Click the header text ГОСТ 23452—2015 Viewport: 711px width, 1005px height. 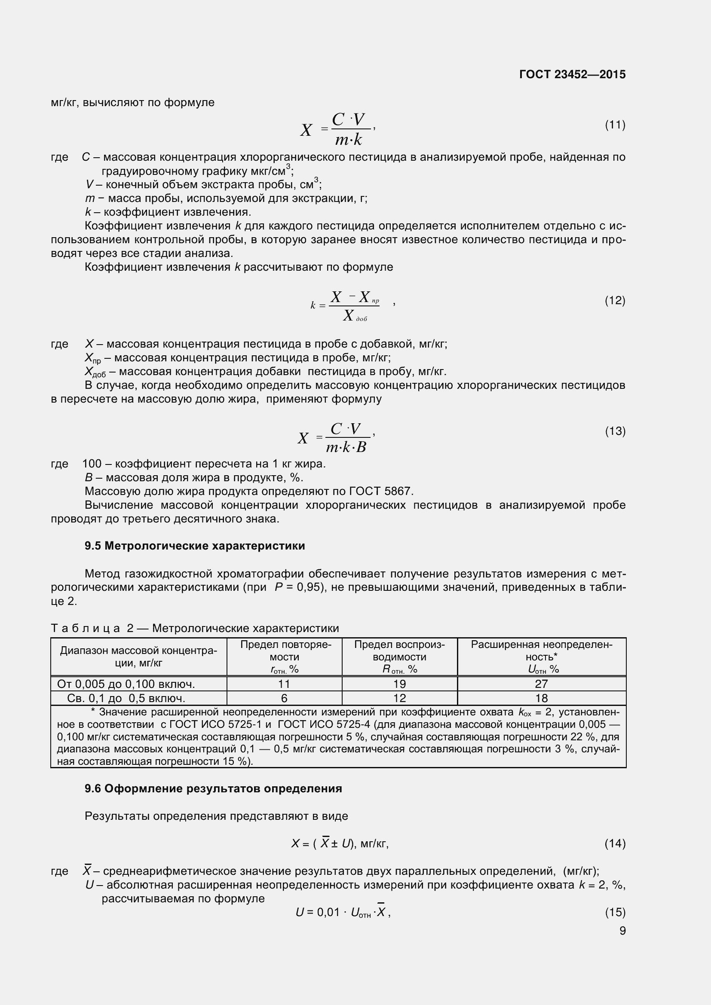pyautogui.click(x=572, y=74)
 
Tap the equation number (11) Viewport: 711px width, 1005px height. pyautogui.click(x=615, y=125)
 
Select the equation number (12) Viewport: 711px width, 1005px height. pyautogui.click(x=615, y=300)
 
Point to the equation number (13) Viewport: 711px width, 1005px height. pyautogui.click(x=615, y=431)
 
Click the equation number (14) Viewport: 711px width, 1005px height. pyautogui.click(x=615, y=843)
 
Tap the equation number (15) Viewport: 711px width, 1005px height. pyautogui.click(x=615, y=912)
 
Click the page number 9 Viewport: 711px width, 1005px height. pyautogui.click(x=622, y=931)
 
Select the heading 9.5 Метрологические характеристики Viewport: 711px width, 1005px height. pyautogui.click(x=194, y=546)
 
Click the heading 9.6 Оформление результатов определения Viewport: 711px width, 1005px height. pyautogui.click(x=213, y=788)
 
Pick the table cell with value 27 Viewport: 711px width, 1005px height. pyautogui.click(x=541, y=684)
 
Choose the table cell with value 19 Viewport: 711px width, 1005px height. pyautogui.click(x=399, y=684)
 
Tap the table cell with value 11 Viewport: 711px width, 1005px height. pyautogui.click(x=284, y=684)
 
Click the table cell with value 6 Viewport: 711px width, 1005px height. pyautogui.click(x=284, y=698)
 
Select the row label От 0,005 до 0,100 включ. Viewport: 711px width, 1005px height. pyautogui.click(x=126, y=684)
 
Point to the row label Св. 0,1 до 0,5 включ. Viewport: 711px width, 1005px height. pyautogui.click(x=126, y=698)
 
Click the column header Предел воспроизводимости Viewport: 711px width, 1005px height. pyautogui.click(x=399, y=657)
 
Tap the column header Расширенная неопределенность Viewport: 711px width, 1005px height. pyautogui.click(x=541, y=657)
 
